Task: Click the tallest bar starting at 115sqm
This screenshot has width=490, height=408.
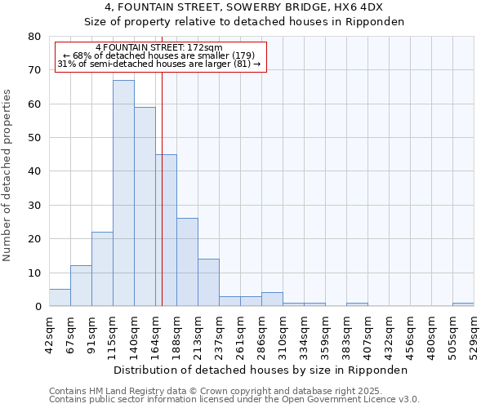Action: click(x=123, y=193)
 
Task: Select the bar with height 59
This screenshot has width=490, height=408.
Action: click(x=145, y=206)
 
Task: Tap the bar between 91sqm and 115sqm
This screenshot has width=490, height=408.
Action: click(x=102, y=269)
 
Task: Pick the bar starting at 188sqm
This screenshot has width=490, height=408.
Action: click(x=187, y=262)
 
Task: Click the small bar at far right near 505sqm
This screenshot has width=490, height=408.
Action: click(x=463, y=304)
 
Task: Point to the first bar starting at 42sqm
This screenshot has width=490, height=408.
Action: click(x=60, y=298)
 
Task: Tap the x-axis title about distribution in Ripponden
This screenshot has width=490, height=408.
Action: click(x=261, y=370)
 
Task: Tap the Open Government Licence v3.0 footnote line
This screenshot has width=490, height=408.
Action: click(x=234, y=400)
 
